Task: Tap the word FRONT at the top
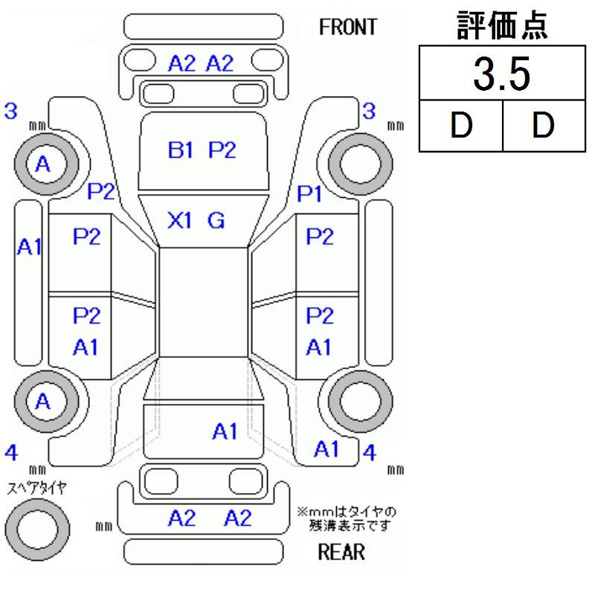[347, 28]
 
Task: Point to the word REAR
[341, 552]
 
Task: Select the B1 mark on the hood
[181, 150]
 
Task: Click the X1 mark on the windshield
[181, 220]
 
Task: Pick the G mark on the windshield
[216, 220]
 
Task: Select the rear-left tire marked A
[42, 402]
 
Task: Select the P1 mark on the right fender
[309, 195]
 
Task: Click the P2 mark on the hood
[222, 150]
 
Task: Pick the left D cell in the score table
[461, 125]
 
